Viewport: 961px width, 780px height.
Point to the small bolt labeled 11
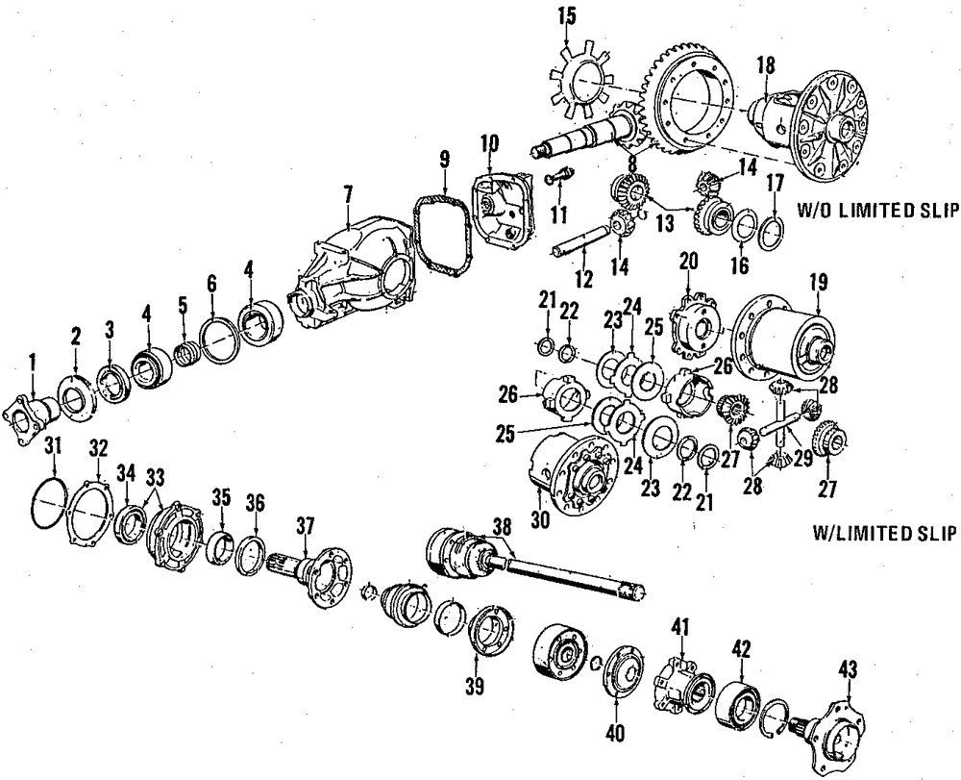click(559, 178)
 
